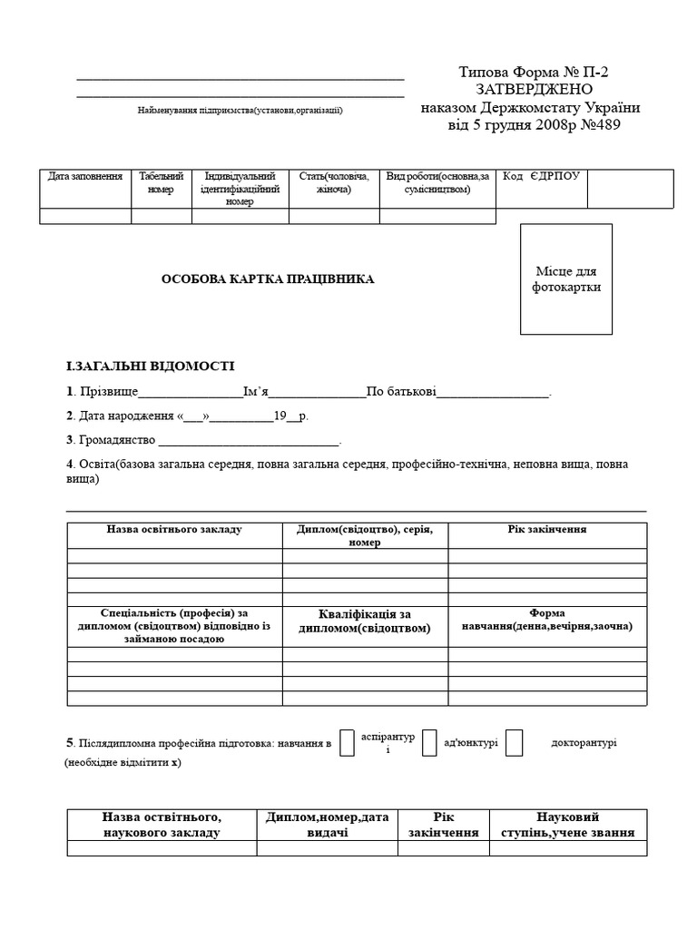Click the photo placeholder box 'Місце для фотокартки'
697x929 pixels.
565,279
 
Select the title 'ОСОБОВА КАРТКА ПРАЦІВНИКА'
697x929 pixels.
268,279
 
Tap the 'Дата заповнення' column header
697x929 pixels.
85,176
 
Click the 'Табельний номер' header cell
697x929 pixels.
162,182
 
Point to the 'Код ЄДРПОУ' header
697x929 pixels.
541,176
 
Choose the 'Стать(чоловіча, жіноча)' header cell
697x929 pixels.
334,182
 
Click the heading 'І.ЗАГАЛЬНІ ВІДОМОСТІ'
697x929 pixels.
151,367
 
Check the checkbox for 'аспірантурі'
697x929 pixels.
347,742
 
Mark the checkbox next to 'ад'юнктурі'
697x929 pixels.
430,742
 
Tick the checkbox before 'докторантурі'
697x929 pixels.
514,742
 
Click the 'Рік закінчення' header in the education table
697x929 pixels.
546,530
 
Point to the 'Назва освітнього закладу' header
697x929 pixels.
174,530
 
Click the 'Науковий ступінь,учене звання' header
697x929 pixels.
568,825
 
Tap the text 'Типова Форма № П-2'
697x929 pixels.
528,72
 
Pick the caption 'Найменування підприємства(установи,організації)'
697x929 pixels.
241,110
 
